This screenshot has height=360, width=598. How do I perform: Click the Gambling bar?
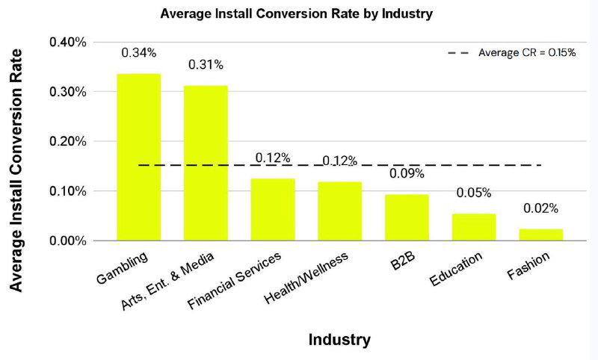(138, 157)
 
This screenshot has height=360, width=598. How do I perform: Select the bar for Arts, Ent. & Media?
(206, 163)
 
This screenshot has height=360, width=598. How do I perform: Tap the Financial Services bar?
(273, 209)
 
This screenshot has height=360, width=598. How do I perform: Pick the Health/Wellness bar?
(340, 211)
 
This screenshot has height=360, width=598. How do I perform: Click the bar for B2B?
(407, 217)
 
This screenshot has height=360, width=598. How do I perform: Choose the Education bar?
(474, 226)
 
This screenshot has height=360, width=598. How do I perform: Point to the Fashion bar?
(540, 234)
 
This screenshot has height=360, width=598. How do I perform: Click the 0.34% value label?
(138, 53)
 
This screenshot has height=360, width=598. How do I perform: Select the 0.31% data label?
(206, 65)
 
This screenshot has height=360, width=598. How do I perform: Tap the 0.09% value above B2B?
(407, 174)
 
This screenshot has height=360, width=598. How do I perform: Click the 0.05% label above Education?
(474, 193)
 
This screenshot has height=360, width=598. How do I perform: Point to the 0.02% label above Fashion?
(540, 208)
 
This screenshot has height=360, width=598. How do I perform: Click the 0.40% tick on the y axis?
(68, 43)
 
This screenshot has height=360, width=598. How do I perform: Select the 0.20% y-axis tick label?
(68, 142)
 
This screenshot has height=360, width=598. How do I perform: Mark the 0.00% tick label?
(68, 240)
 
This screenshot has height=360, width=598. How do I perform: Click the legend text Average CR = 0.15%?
(527, 53)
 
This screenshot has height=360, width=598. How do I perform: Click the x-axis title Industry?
(339, 341)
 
